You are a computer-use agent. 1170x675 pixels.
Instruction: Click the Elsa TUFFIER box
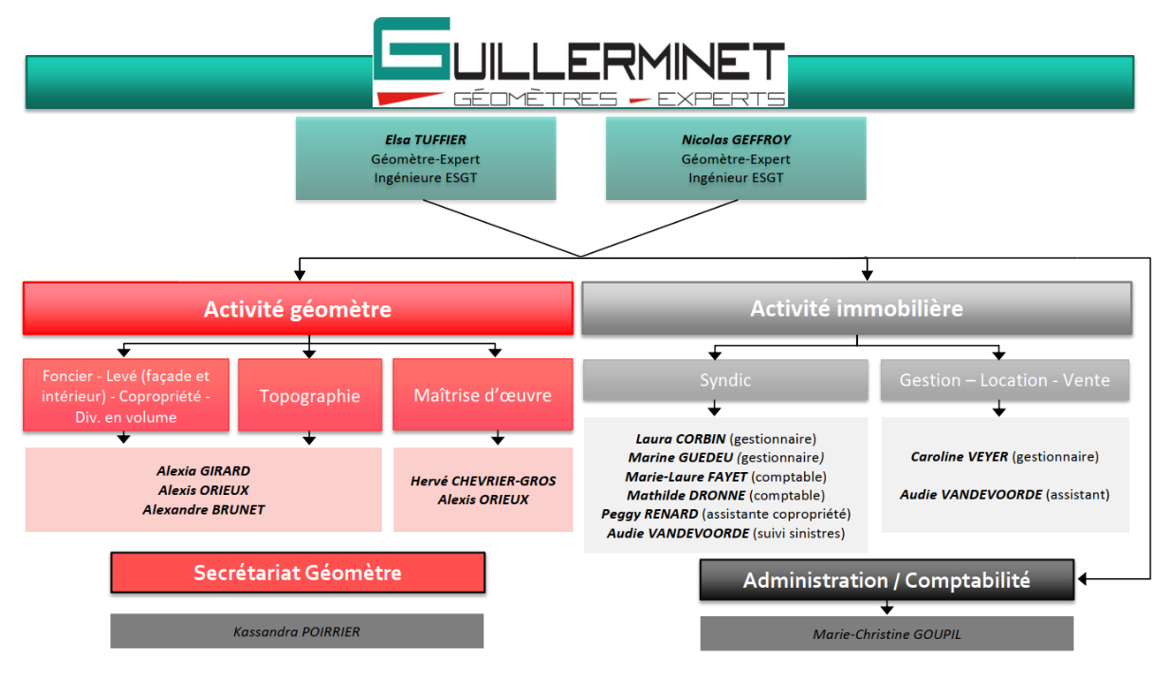426,158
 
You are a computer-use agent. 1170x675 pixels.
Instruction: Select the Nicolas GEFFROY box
736,158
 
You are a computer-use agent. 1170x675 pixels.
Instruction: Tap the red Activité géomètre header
298,309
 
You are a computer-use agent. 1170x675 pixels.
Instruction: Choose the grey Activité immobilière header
856,308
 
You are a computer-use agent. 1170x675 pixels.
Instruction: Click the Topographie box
310,395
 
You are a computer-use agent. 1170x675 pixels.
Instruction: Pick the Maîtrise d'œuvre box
483,395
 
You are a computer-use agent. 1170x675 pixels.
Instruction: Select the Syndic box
725,380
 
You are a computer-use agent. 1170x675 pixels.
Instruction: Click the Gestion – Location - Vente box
1005,380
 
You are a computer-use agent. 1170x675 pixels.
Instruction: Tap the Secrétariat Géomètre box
298,573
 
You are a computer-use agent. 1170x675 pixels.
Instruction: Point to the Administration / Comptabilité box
887,580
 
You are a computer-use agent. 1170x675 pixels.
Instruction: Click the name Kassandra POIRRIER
297,631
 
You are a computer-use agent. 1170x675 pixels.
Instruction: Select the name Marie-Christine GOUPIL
887,634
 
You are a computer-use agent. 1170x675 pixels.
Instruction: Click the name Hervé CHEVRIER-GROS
484,481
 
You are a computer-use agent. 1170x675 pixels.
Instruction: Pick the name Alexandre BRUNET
204,509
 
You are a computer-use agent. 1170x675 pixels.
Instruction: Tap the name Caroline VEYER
960,457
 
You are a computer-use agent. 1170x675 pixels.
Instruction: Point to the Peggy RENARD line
726,514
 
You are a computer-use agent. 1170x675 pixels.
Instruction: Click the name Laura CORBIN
681,439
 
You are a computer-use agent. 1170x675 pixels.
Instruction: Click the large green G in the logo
412,48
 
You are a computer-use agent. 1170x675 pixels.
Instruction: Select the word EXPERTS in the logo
721,99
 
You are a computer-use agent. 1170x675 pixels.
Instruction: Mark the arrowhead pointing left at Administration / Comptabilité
1082,579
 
